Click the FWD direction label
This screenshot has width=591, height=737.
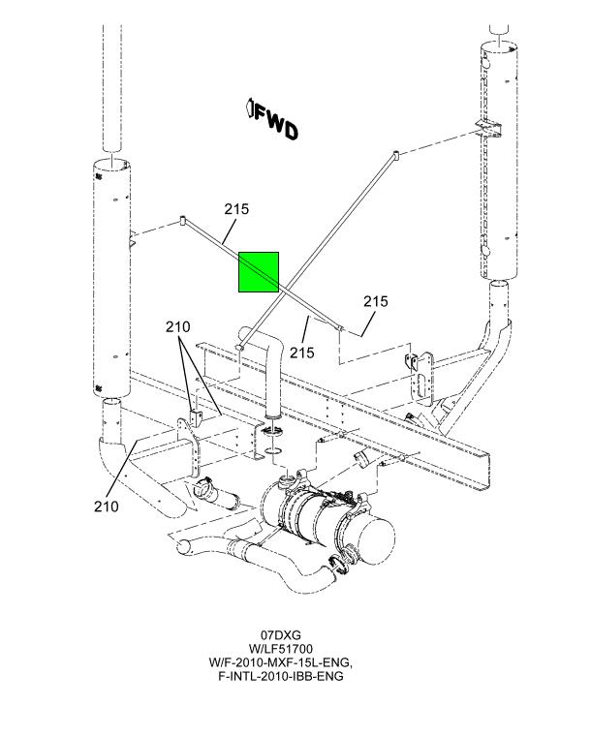(x=271, y=120)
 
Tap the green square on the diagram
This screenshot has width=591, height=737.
(x=259, y=272)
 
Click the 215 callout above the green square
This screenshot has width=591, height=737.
(x=236, y=208)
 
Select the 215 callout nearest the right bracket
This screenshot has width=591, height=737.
(x=376, y=301)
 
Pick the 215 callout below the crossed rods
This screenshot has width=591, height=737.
(x=302, y=353)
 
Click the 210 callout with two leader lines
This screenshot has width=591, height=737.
(x=177, y=326)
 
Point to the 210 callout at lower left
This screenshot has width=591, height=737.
(x=107, y=507)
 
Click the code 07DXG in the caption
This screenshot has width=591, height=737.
(x=281, y=635)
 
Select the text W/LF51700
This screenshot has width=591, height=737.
(x=281, y=649)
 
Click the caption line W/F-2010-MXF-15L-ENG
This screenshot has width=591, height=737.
(x=281, y=662)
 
